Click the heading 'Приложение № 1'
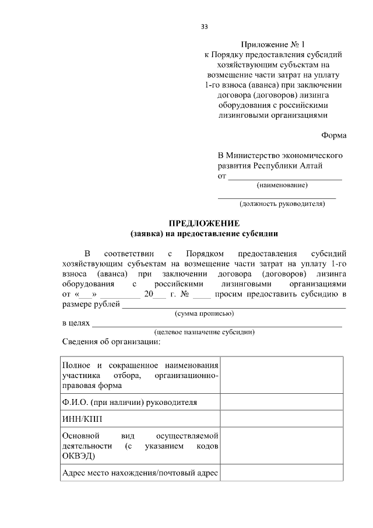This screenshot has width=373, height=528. click(273, 44)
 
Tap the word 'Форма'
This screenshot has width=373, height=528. click(334, 135)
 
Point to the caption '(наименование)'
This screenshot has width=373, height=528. click(282, 185)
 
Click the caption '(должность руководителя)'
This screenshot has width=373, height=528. click(282, 204)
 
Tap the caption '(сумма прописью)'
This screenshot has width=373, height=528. click(205, 313)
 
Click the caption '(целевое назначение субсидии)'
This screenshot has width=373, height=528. click(205, 332)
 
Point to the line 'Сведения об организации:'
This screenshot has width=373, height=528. click(111, 341)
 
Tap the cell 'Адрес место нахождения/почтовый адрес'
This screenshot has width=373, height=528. click(140, 473)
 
